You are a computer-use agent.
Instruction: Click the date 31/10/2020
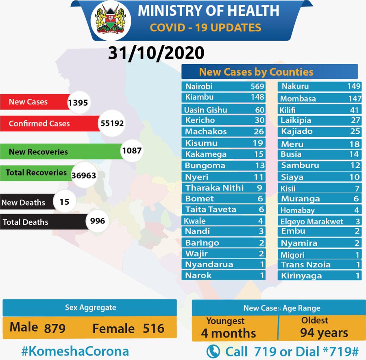tap(156, 53)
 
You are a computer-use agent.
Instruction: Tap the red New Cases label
tap(28, 102)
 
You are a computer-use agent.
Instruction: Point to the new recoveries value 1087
tap(131, 151)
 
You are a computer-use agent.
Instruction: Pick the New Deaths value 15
tap(64, 201)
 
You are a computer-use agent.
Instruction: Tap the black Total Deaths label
tap(25, 222)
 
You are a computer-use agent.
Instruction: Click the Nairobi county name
tap(199, 86)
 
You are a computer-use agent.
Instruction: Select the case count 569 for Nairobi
tap(257, 86)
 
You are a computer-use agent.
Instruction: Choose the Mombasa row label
tap(298, 99)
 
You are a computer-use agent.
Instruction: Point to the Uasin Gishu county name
tap(205, 110)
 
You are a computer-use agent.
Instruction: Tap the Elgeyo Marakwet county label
tap(312, 221)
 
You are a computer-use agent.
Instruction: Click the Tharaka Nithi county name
tap(215, 188)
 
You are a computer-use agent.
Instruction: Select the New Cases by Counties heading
tap(256, 72)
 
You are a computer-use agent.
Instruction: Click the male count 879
tap(55, 328)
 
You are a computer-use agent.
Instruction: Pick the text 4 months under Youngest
tap(229, 333)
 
